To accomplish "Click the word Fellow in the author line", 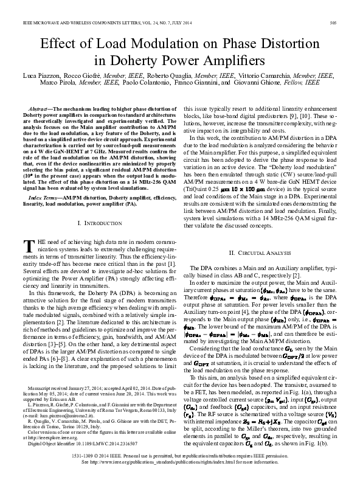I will pyautogui.click(x=306, y=82).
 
